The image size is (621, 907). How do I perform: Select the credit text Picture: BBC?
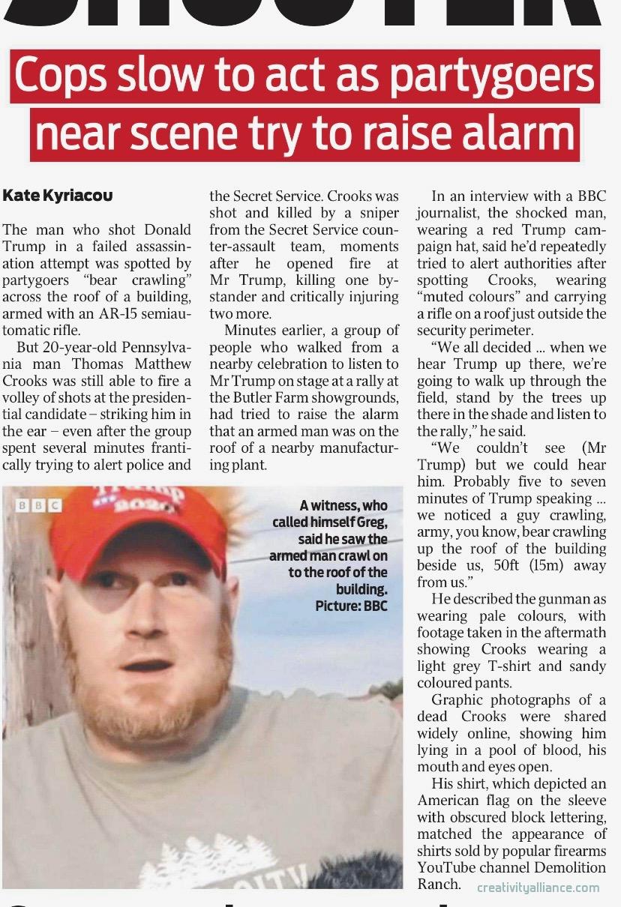pos(351,605)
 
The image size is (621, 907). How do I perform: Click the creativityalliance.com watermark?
pos(538,888)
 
